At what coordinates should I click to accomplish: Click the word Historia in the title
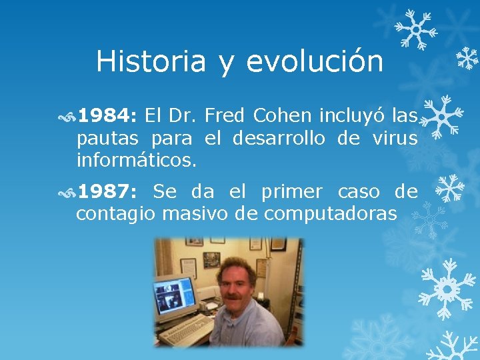pyautogui.click(x=151, y=62)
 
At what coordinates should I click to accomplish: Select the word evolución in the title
pyautogui.click(x=315, y=62)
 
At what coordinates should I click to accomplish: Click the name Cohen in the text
pyautogui.click(x=282, y=117)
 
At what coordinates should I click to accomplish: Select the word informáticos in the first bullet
pyautogui.click(x=137, y=160)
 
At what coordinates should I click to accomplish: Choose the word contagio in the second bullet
pyautogui.click(x=115, y=215)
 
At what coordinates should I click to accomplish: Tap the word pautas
pyautogui.click(x=107, y=139)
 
